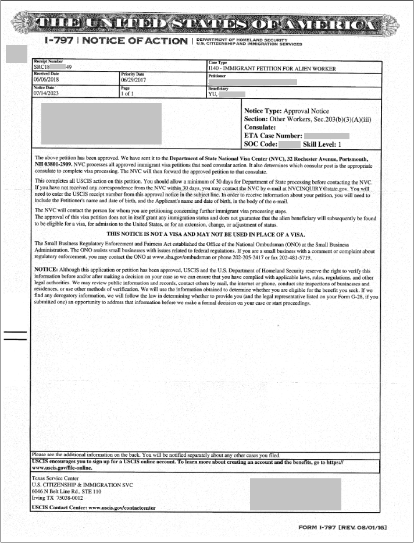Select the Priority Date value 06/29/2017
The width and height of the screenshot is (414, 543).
click(x=134, y=80)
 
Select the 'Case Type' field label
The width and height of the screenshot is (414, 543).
click(x=218, y=62)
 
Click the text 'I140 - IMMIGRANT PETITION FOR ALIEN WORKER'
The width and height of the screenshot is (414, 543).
click(x=272, y=68)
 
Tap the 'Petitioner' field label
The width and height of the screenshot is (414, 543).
click(x=217, y=75)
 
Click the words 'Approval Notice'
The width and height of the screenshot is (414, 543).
click(x=308, y=111)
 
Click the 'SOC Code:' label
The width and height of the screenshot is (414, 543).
click(x=260, y=143)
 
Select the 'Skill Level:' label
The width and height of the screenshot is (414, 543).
click(x=319, y=143)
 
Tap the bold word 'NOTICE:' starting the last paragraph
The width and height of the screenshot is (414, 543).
click(x=46, y=271)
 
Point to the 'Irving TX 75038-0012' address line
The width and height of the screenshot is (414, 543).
click(x=57, y=498)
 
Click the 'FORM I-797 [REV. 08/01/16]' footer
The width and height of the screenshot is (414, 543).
click(x=342, y=527)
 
